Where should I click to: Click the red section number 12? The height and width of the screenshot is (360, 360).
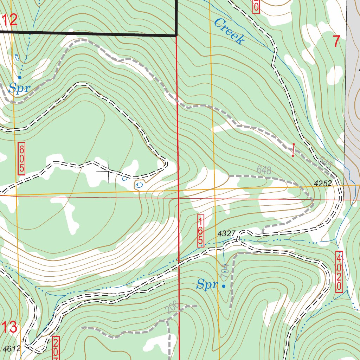pyautogui.click(x=9, y=20)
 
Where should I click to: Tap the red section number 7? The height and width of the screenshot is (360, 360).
pyautogui.click(x=336, y=42)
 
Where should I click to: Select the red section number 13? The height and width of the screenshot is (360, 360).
pyautogui.click(x=9, y=328)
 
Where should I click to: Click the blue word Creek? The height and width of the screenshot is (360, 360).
pyautogui.click(x=229, y=32)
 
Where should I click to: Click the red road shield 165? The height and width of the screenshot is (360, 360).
pyautogui.click(x=200, y=231)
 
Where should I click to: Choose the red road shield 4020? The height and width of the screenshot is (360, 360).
pyautogui.click(x=339, y=271)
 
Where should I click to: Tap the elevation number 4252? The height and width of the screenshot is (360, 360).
pyautogui.click(x=323, y=184)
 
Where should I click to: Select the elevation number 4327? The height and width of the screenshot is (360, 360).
pyautogui.click(x=226, y=233)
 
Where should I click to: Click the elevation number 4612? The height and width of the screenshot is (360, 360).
pyautogui.click(x=12, y=349)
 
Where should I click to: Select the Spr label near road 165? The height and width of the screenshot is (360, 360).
pyautogui.click(x=207, y=284)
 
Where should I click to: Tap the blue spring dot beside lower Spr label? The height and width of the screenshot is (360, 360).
pyautogui.click(x=224, y=286)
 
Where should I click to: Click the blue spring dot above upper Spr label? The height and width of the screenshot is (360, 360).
pyautogui.click(x=20, y=77)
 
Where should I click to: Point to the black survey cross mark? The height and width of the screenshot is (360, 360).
pyautogui.click(x=108, y=171)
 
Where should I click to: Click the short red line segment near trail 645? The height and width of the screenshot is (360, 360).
pyautogui.click(x=293, y=150)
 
